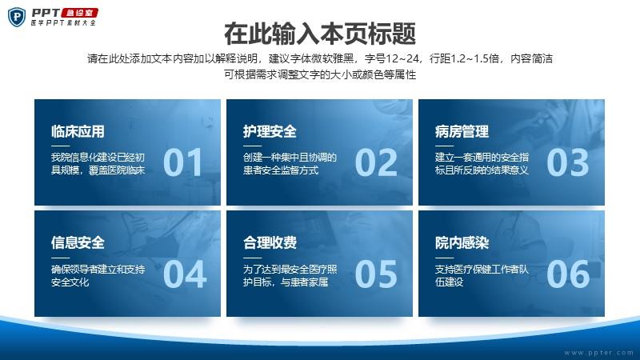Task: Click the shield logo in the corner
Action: coord(17,17)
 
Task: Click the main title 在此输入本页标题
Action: coord(320,34)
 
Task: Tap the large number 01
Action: coord(182,162)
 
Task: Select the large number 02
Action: coord(376,162)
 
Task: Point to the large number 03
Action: coord(568,162)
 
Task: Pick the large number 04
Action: coord(185,274)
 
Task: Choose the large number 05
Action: coord(376,274)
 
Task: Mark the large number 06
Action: coord(568,274)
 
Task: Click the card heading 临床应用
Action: coord(78,131)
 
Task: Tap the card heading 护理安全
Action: coord(270,131)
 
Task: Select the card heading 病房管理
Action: coord(462,131)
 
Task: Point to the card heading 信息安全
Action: coord(78,243)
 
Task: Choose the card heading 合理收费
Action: coord(270,243)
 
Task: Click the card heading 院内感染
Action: coord(462,243)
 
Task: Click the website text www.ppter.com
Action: coord(598,353)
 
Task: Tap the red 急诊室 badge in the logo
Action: coord(80,13)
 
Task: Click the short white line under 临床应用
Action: coord(61,146)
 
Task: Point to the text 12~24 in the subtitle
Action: coord(402,58)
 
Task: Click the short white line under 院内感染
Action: coord(444,258)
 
